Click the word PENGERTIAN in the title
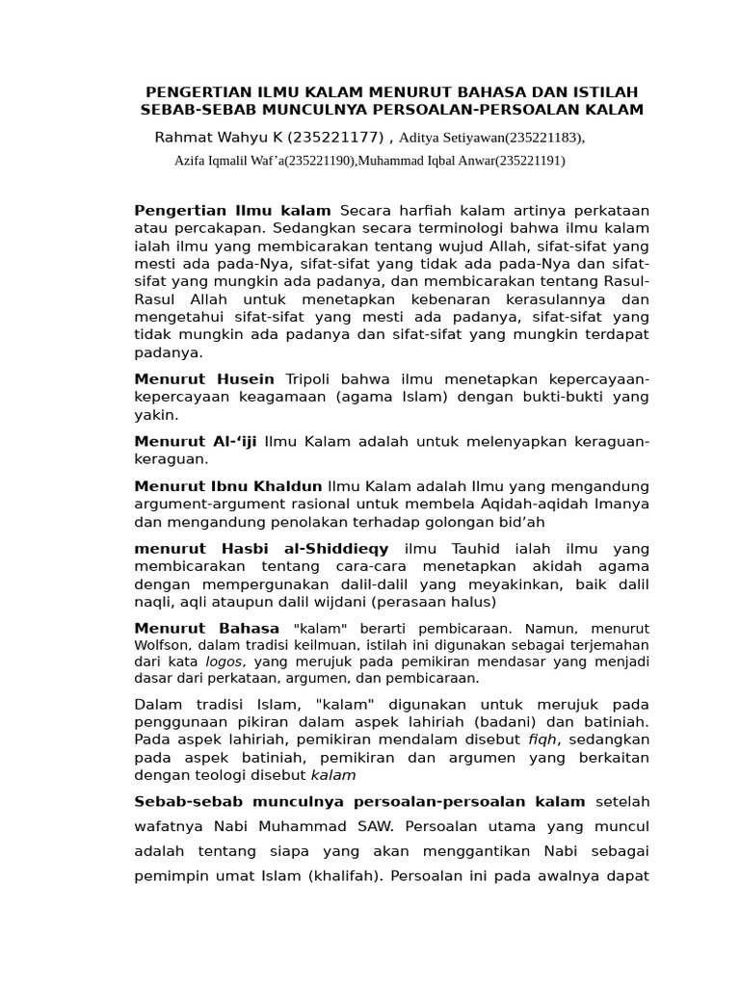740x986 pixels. click(185, 91)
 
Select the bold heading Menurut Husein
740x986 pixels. click(204, 379)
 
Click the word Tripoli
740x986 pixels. click(307, 379)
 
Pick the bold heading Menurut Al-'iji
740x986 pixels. click(196, 441)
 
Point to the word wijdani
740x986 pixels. click(342, 602)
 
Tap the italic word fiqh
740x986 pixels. click(540, 739)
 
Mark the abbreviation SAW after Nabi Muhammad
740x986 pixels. click(373, 826)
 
